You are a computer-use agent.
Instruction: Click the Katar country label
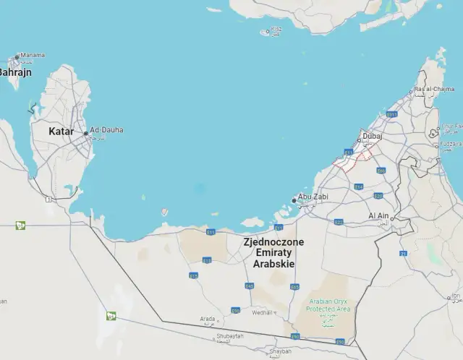61,132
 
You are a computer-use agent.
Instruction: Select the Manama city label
32,55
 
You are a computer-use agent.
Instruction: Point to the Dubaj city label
373,135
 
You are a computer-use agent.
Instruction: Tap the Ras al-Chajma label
434,90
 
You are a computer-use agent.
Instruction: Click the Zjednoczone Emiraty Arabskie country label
274,253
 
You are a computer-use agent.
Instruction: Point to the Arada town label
208,319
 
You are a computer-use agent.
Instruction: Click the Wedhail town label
262,313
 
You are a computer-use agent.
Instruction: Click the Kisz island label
276,30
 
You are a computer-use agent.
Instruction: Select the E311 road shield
391,114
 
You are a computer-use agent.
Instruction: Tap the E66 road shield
381,171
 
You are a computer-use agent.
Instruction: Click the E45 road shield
250,286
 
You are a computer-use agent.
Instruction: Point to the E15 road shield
193,275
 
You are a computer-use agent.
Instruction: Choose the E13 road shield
207,260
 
